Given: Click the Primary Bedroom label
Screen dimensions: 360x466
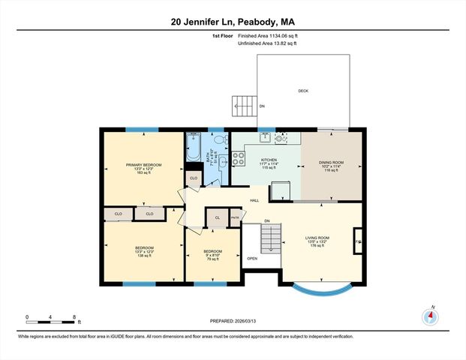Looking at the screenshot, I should click(144, 165).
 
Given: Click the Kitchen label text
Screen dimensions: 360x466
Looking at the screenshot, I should click(269, 160).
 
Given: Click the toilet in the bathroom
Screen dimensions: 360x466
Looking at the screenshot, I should click(218, 139).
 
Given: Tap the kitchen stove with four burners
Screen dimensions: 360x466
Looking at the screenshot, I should click(238, 158).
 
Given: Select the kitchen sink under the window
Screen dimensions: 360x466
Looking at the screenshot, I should click(266, 137).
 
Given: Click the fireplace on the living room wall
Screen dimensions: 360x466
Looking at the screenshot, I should click(357, 241).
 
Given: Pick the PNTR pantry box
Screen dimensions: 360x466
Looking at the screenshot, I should click(235, 217).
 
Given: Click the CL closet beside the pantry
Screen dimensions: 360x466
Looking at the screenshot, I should click(217, 217).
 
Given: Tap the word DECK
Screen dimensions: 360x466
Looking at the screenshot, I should click(303, 91).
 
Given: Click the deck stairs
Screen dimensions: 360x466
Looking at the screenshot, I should click(243, 106).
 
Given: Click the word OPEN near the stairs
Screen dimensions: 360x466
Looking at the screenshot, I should click(252, 258).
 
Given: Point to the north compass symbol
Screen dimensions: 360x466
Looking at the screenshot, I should click(430, 316).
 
